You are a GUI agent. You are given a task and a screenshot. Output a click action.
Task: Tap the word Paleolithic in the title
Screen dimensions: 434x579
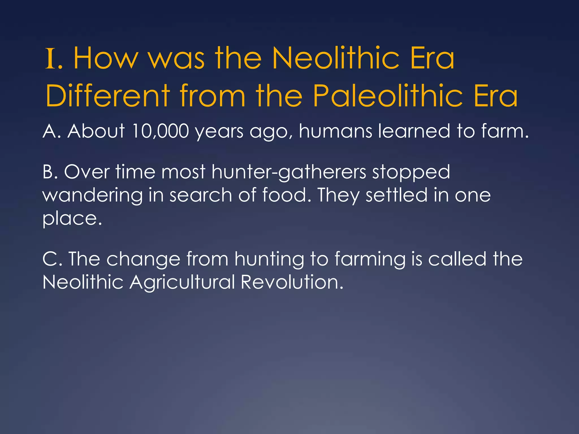tap(388, 96)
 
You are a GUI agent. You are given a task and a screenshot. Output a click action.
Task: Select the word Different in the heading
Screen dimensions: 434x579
tap(107, 96)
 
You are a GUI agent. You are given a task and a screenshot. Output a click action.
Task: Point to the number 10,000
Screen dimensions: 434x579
tap(160, 131)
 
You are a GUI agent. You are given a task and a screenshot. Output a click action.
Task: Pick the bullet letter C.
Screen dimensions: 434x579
tap(49, 259)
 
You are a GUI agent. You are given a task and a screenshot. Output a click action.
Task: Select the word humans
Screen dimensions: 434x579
tap(335, 131)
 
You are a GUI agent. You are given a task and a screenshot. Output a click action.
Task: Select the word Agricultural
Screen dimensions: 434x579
tap(182, 282)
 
